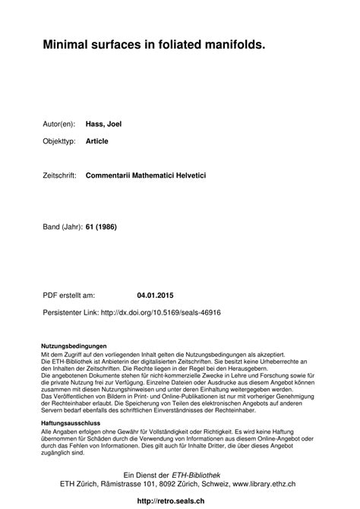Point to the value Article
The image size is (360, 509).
98,141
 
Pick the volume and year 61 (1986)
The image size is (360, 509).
102,227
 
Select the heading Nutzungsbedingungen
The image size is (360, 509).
74,346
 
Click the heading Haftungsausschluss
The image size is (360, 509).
71,422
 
